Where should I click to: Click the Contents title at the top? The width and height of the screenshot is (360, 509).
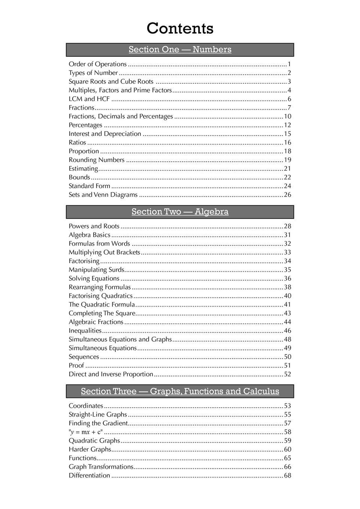pyautogui.click(x=180, y=28)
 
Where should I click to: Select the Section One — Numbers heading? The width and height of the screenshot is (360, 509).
pyautogui.click(x=180, y=49)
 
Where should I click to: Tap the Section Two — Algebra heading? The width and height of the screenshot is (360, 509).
pyautogui.click(x=180, y=212)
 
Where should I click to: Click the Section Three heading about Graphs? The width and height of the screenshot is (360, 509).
pyautogui.click(x=180, y=391)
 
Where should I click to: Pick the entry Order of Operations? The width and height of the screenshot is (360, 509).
pyautogui.click(x=98, y=64)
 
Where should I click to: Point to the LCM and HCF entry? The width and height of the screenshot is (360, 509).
pyautogui.click(x=89, y=99)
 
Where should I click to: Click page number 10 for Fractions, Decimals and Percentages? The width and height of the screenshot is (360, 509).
pyautogui.click(x=287, y=116)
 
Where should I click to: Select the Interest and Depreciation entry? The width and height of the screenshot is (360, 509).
pyautogui.click(x=105, y=134)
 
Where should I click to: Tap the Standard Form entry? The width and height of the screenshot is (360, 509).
pyautogui.click(x=90, y=186)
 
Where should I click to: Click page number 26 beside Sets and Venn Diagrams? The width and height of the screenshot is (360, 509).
pyautogui.click(x=287, y=195)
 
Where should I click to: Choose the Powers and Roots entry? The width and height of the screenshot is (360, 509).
pyautogui.click(x=94, y=226)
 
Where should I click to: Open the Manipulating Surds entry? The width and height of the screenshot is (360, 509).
pyautogui.click(x=96, y=270)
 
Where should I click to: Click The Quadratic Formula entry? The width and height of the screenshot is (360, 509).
pyautogui.click(x=102, y=305)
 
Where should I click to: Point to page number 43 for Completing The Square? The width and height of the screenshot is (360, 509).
pyautogui.click(x=287, y=313)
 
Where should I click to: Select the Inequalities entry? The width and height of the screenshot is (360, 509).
pyautogui.click(x=85, y=331)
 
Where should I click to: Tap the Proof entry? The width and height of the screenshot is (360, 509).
pyautogui.click(x=76, y=366)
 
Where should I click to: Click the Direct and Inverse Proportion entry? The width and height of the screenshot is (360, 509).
pyautogui.click(x=111, y=374)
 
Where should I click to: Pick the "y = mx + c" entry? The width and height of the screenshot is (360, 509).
pyautogui.click(x=86, y=432)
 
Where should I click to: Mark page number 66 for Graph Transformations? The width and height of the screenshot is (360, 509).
pyautogui.click(x=287, y=467)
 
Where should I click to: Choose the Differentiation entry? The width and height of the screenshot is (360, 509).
pyautogui.click(x=90, y=476)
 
